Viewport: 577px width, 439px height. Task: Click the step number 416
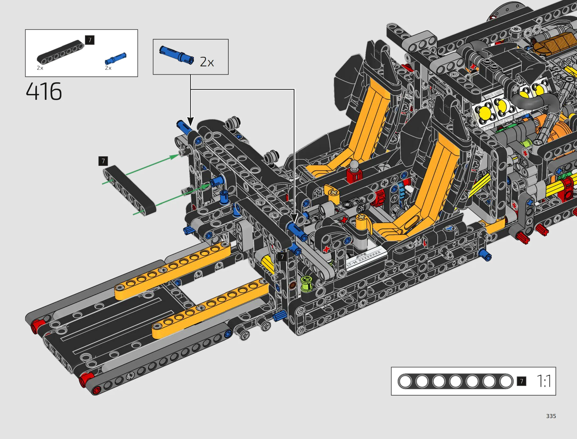pos(44,91)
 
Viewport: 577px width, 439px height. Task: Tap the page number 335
pos(551,416)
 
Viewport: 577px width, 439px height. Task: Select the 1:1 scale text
pos(544,381)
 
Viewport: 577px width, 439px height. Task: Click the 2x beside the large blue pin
pos(207,62)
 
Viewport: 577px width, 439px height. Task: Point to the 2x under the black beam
pos(40,68)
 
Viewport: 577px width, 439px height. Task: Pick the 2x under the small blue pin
pos(108,68)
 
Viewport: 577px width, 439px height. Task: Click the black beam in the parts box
pos(60,52)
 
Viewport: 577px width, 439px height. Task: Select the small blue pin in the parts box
pos(116,58)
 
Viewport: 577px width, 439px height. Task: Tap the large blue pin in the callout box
pos(177,55)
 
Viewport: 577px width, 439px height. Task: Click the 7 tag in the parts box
pos(90,40)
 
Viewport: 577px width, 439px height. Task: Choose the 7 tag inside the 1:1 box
pos(522,381)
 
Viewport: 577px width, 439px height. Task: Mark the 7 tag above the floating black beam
pos(103,161)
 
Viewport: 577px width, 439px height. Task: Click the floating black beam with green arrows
pos(129,190)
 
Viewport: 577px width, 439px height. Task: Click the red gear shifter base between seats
pos(354,176)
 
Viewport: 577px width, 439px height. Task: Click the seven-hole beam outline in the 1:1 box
pos(455,381)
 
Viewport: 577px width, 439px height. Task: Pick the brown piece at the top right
pos(554,44)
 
